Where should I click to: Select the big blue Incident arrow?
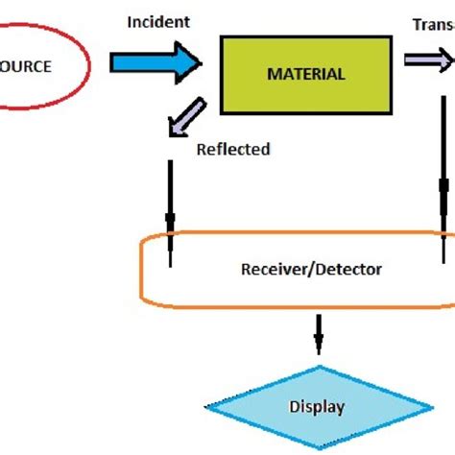154,63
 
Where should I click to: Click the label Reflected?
233,149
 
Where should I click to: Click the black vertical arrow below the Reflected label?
170,216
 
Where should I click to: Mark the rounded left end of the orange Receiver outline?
144,272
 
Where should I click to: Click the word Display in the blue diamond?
317,407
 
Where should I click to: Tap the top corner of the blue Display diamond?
317,367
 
